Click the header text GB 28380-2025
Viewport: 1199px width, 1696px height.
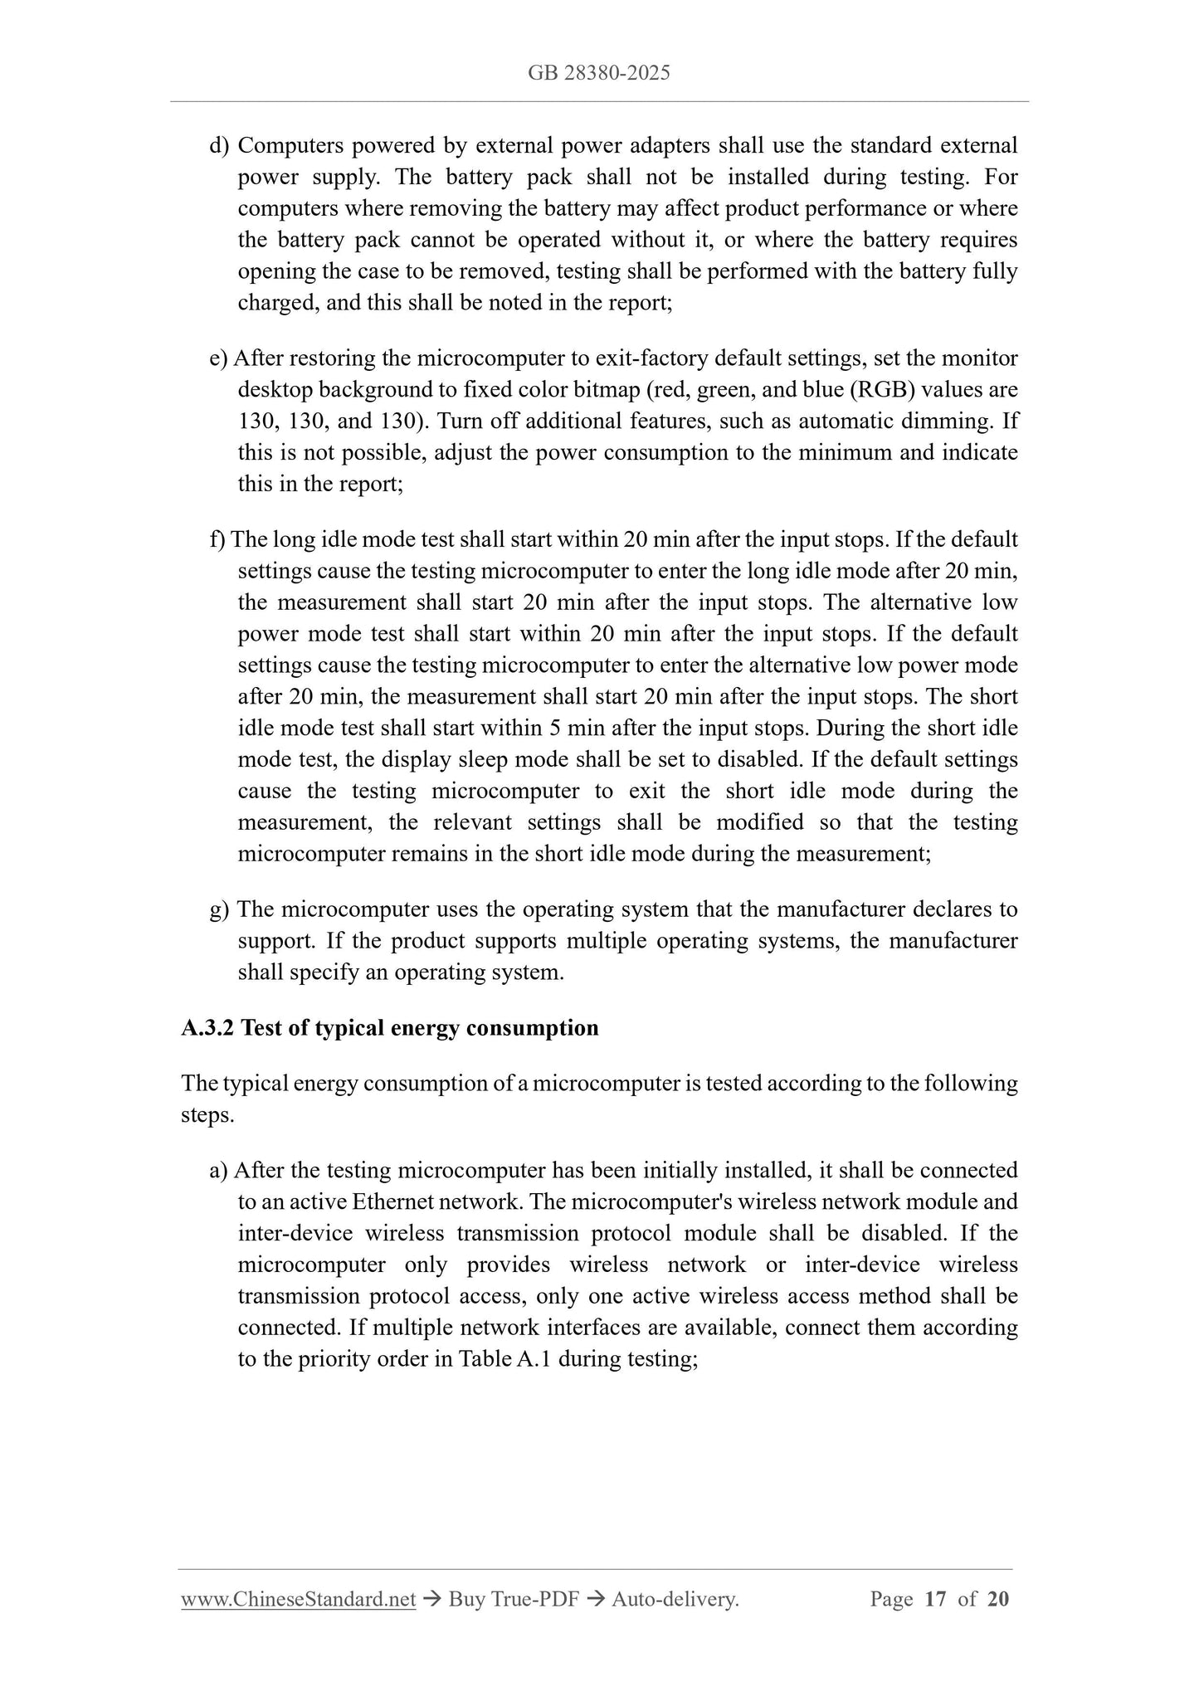[598, 73]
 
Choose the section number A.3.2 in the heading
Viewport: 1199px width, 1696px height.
[207, 1028]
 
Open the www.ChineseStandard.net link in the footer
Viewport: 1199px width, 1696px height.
[298, 1599]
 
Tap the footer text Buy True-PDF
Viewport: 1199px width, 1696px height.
[513, 1599]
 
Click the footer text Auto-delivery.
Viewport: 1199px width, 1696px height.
[675, 1599]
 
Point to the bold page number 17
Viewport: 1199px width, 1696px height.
[935, 1599]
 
